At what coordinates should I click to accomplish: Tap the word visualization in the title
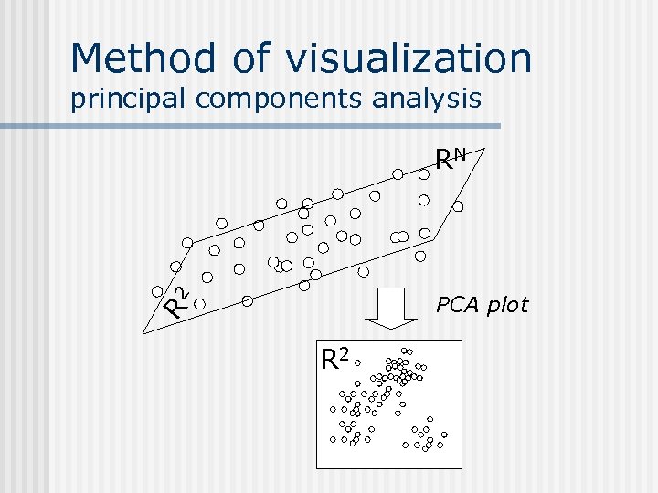(x=409, y=58)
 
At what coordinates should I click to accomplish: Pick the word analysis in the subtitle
(x=426, y=98)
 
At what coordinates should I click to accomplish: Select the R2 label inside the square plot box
(x=335, y=359)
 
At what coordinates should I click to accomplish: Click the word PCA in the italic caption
(x=458, y=305)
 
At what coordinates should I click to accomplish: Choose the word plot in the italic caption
(x=507, y=305)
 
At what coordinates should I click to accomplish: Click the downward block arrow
(x=391, y=309)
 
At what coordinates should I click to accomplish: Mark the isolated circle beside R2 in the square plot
(x=359, y=362)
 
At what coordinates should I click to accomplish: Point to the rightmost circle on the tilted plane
(x=459, y=206)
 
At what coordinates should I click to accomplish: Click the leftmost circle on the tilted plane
(x=157, y=291)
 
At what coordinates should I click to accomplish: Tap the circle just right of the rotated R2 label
(x=199, y=300)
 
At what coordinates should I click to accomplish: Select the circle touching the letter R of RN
(x=425, y=172)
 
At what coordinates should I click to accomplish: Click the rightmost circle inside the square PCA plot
(x=445, y=435)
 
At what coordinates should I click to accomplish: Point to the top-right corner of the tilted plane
(x=484, y=147)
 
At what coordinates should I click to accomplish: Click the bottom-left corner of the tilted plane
(x=143, y=334)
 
